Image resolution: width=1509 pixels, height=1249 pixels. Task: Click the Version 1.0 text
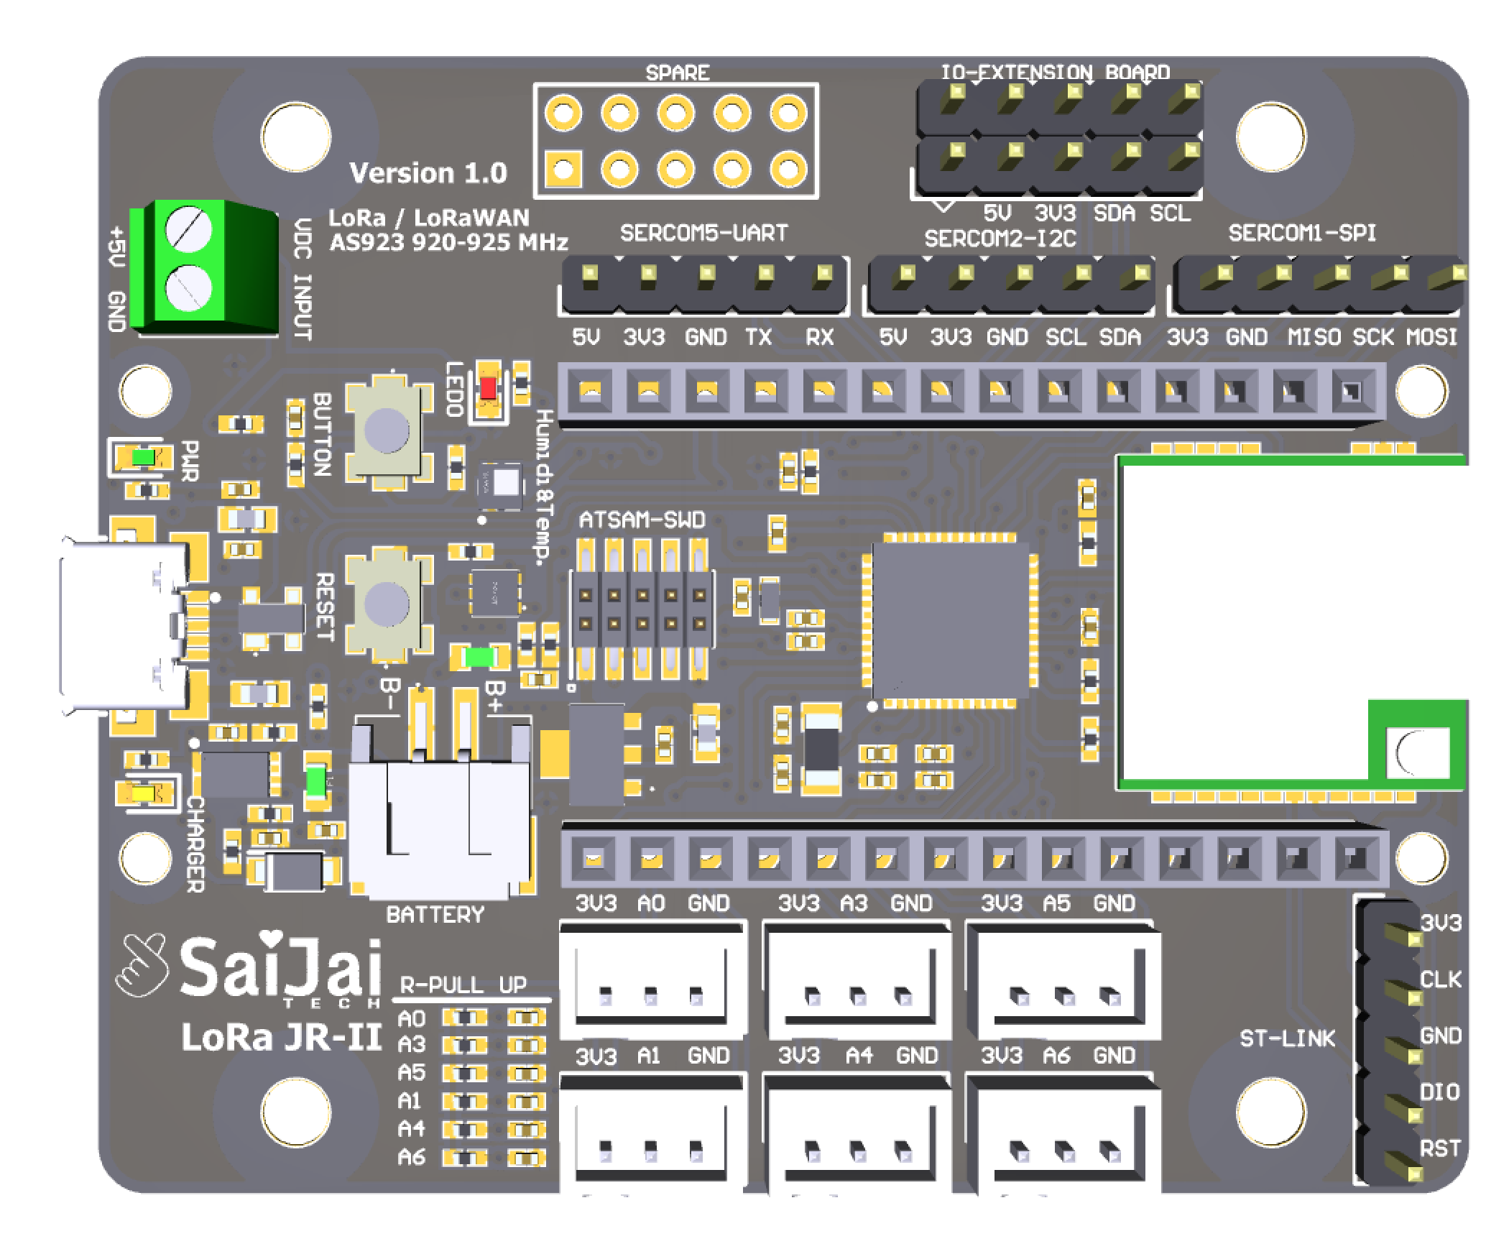(428, 172)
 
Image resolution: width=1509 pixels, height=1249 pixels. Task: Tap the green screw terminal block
(208, 267)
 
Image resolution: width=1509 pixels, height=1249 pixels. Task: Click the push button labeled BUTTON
(387, 429)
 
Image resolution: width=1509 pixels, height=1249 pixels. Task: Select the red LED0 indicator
(489, 388)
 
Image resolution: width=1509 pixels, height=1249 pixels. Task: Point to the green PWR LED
(143, 457)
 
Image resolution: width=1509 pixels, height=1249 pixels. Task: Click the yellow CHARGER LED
(143, 793)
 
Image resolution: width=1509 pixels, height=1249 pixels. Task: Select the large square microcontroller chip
(950, 619)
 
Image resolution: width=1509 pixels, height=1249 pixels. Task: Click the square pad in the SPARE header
(563, 170)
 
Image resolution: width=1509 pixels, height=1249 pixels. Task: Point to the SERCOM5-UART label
(703, 233)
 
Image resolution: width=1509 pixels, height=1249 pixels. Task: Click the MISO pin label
(1314, 336)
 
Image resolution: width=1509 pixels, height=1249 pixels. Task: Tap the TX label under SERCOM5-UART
(758, 336)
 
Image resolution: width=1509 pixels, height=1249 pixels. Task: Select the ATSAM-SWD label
(642, 520)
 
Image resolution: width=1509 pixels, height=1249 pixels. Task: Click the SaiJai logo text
(280, 969)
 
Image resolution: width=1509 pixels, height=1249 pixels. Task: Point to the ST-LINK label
(1287, 1038)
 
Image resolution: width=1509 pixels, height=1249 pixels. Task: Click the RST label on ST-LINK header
(1439, 1148)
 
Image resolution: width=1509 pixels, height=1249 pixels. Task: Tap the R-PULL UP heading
(463, 985)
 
